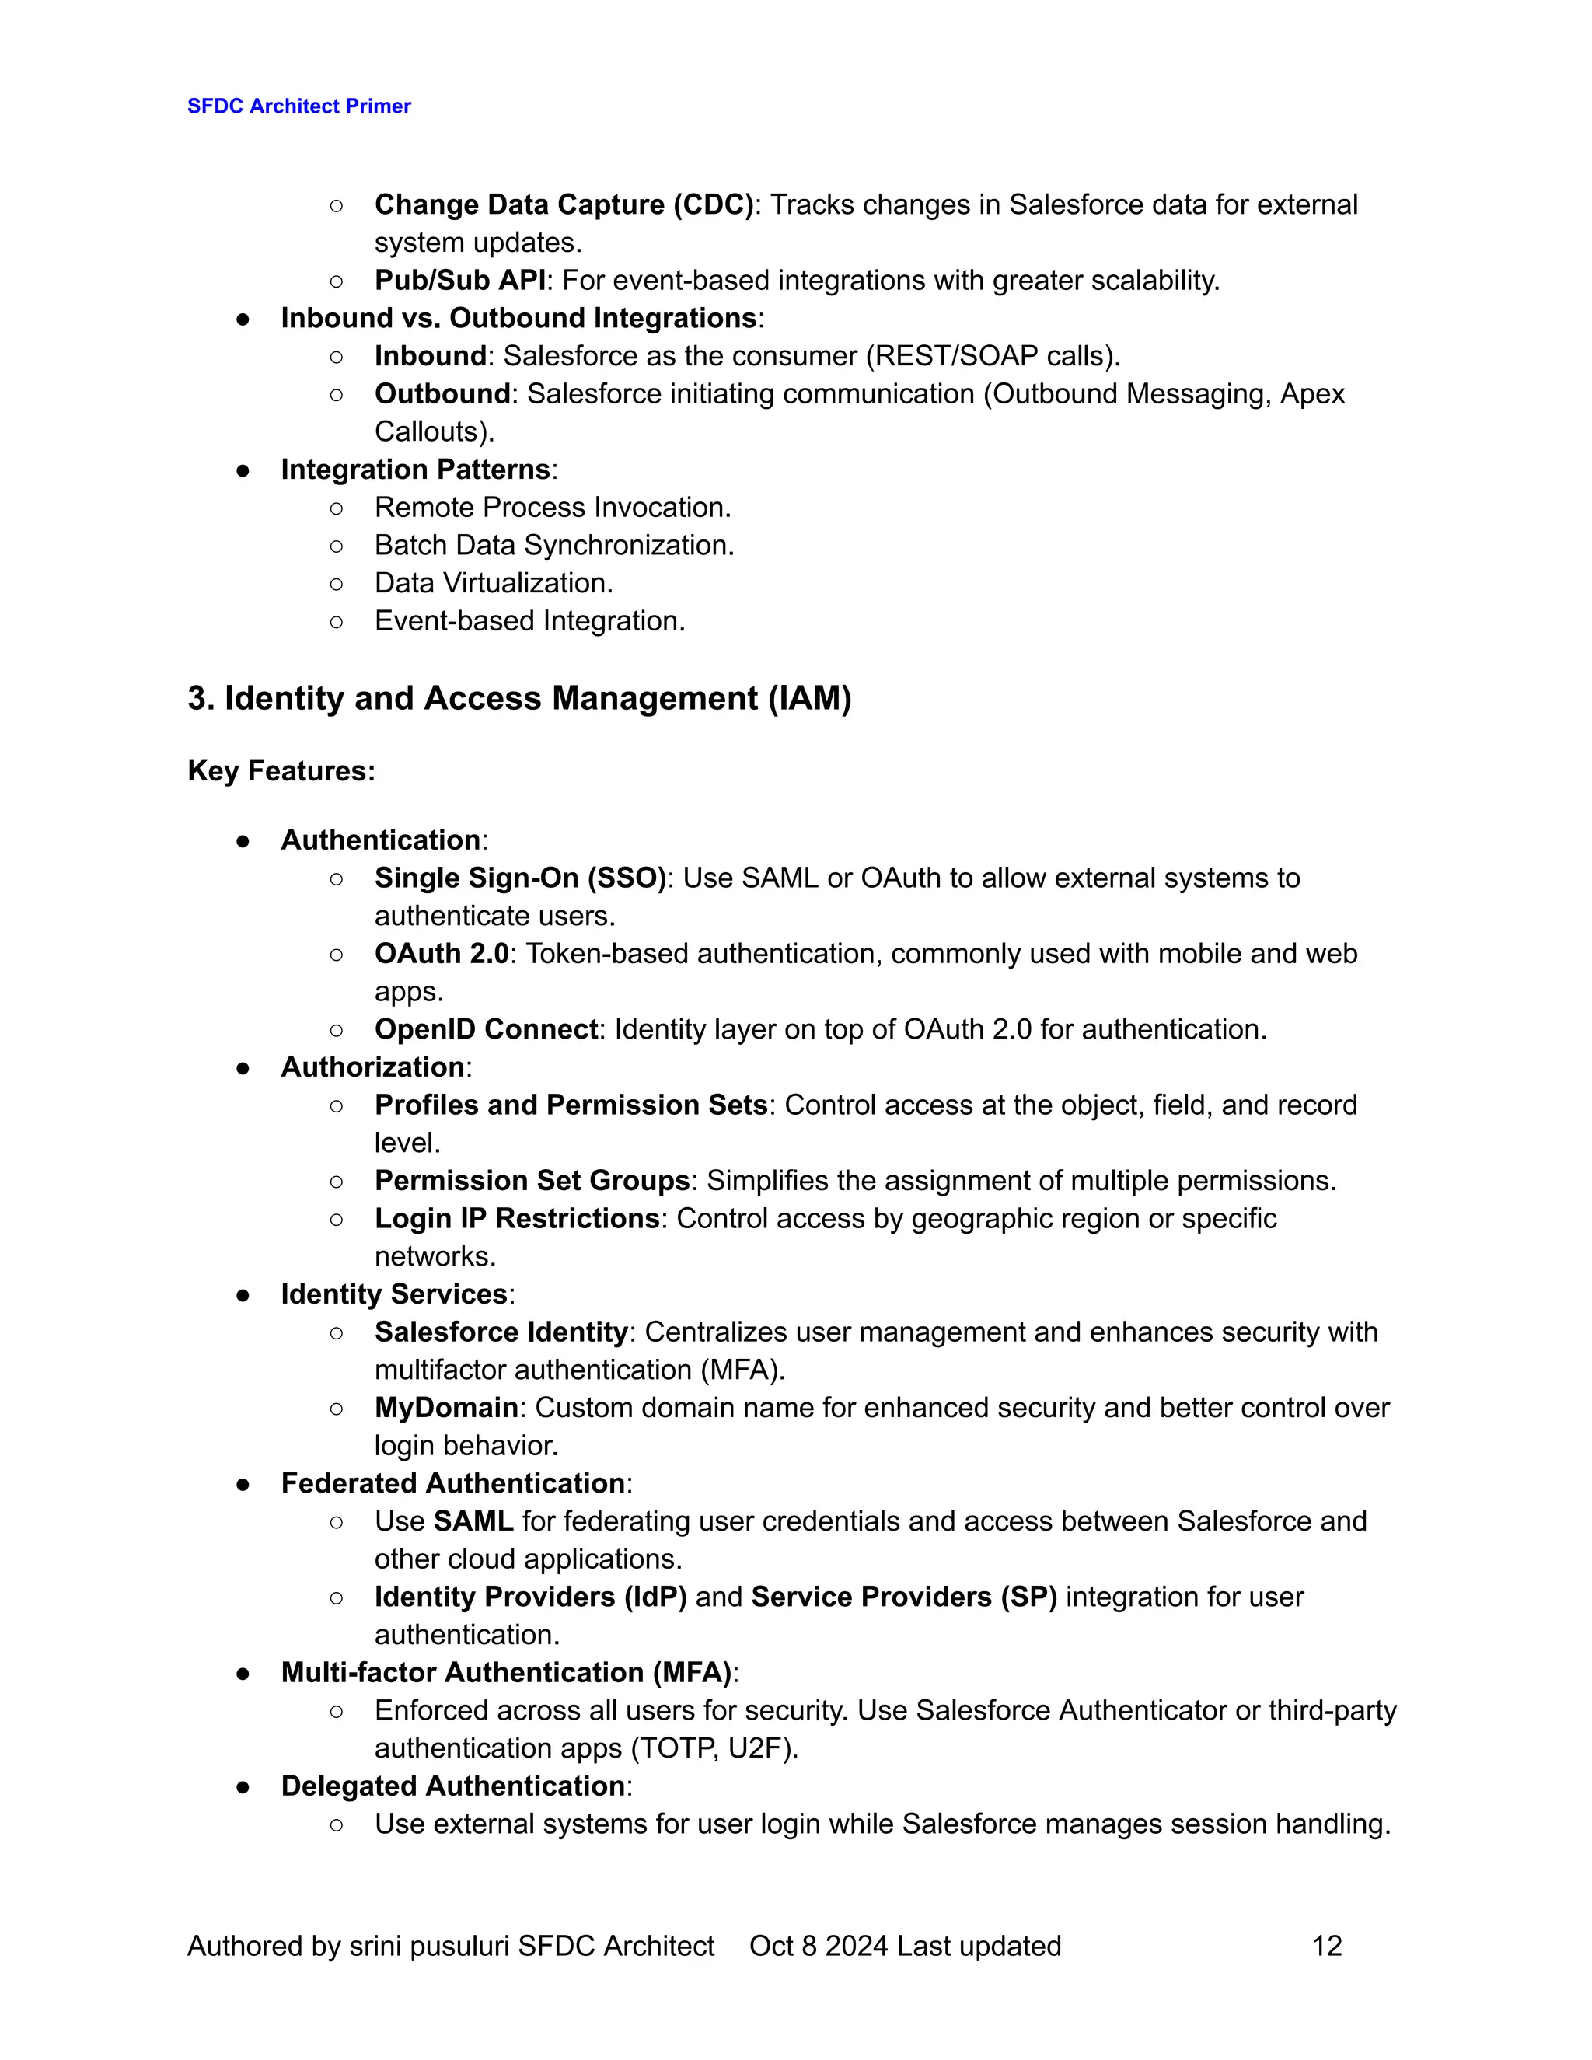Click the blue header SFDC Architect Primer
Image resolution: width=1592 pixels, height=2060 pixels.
point(299,106)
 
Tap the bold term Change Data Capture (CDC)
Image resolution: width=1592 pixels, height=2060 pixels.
point(563,204)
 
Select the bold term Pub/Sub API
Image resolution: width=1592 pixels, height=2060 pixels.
point(459,280)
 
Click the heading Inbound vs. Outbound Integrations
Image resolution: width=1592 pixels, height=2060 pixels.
point(518,318)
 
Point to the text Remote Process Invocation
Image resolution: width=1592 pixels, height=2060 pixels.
point(552,508)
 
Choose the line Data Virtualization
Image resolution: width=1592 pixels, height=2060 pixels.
point(494,583)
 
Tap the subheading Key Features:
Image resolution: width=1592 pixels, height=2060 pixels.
point(281,770)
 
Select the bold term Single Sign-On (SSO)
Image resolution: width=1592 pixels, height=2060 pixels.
point(521,878)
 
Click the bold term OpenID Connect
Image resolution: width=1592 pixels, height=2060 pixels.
point(486,1029)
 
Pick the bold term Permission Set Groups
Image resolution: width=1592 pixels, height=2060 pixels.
point(532,1181)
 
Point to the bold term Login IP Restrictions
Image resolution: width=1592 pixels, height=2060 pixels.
point(517,1219)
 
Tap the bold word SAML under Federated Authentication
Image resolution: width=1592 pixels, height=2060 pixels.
point(473,1521)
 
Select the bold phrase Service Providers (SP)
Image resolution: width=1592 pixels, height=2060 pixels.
point(903,1597)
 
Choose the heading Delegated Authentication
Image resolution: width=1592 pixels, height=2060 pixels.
point(452,1786)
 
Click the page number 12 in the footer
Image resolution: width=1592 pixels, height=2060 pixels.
point(1326,1946)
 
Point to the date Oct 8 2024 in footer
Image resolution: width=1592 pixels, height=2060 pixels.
point(818,1946)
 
